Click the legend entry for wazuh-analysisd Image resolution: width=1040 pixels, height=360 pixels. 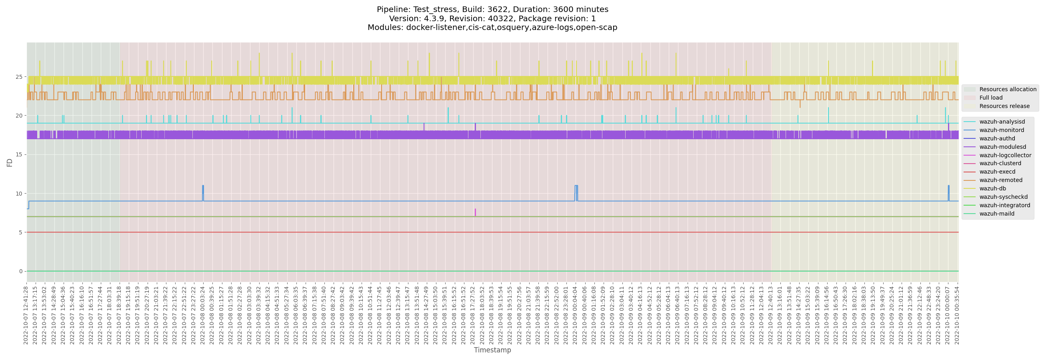[1002, 122]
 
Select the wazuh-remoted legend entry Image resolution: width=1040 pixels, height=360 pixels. [1000, 180]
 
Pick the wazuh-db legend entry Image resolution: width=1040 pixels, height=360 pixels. [992, 189]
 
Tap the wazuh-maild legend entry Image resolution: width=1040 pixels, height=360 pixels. [996, 214]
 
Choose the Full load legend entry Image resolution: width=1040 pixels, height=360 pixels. [990, 98]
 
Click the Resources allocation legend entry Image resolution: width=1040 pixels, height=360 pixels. [1007, 89]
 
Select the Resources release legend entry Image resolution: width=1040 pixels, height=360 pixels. [1004, 106]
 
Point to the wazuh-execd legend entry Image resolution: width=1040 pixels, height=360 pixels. [997, 172]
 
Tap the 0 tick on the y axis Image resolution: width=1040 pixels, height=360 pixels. [20, 271]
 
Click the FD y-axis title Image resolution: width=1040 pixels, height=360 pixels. [10, 163]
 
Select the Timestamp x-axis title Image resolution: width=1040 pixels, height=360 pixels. [492, 350]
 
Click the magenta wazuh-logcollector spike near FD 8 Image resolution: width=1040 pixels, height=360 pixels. [475, 212]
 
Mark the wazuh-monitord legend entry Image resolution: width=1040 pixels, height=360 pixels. [1001, 130]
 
